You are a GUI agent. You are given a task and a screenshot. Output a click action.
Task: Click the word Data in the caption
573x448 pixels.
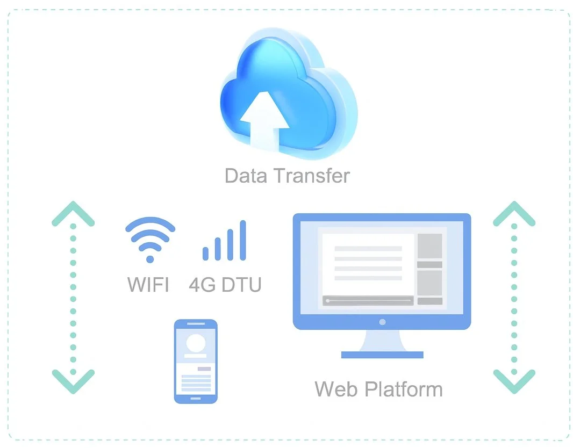point(246,176)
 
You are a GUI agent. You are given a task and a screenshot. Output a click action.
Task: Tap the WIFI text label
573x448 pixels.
point(148,284)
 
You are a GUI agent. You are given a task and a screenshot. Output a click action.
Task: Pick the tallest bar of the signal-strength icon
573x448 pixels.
point(242,240)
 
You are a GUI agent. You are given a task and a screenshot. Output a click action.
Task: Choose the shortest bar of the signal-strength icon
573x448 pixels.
point(205,253)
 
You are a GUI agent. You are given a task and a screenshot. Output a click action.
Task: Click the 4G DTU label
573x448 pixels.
point(225,284)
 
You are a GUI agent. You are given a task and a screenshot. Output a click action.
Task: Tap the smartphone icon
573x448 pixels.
point(196,361)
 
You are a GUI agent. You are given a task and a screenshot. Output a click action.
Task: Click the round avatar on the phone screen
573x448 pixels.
point(196,343)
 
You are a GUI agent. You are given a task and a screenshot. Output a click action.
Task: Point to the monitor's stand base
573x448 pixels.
point(382,355)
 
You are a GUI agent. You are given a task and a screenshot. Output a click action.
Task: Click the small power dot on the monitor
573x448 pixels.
point(382,322)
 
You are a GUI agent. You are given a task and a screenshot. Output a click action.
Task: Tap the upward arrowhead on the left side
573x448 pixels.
point(73,213)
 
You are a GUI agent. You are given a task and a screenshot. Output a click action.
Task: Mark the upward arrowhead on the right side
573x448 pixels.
point(514,213)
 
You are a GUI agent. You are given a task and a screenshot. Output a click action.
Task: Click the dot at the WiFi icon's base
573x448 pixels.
point(150,259)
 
